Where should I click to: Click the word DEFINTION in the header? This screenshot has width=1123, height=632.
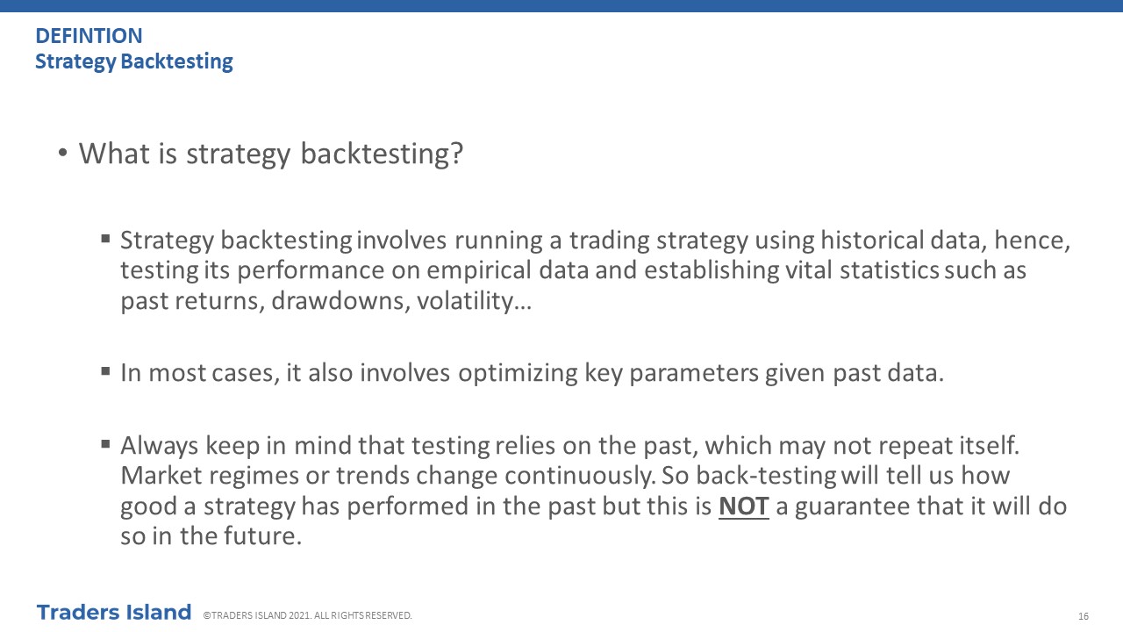pos(89,36)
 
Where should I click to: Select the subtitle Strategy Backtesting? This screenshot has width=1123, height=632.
pos(134,61)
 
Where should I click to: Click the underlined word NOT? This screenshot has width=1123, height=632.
pos(743,506)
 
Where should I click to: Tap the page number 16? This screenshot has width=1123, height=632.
pos(1084,616)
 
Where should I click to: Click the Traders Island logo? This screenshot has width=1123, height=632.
pos(114,613)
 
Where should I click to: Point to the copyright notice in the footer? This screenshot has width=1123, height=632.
pos(307,615)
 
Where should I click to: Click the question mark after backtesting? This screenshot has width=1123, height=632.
pos(457,153)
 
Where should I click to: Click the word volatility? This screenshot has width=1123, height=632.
pos(465,301)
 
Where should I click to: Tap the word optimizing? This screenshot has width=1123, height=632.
pos(518,374)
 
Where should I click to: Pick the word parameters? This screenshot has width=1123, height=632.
pos(694,374)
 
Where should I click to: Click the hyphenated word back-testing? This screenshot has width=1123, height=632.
pos(766,476)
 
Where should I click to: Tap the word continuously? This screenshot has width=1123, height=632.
pos(580,476)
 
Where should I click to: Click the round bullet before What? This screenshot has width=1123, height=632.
pos(62,153)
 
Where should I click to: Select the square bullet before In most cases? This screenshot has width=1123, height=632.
pos(105,371)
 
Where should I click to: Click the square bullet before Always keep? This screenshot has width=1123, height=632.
pos(105,444)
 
